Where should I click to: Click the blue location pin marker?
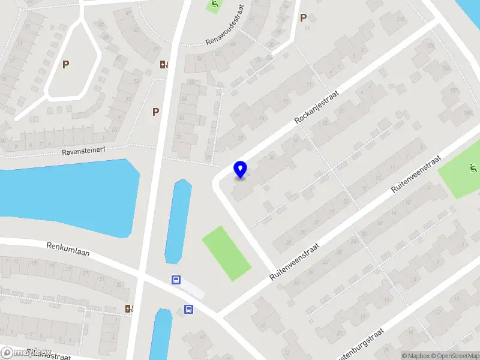click(x=241, y=169)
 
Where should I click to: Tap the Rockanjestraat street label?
click(x=317, y=107)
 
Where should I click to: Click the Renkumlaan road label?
click(x=68, y=249)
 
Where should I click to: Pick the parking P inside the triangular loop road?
click(x=65, y=64)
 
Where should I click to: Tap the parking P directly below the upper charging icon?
click(x=155, y=111)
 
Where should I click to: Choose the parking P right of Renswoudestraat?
click(x=303, y=18)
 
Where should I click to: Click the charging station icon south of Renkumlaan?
click(x=129, y=308)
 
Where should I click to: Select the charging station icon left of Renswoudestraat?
click(x=164, y=65)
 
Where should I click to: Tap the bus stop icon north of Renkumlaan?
click(x=176, y=280)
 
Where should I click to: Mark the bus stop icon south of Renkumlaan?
click(x=188, y=310)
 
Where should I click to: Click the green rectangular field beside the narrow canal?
click(x=226, y=253)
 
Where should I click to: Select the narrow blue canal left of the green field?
click(x=178, y=220)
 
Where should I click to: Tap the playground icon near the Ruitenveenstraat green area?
click(x=473, y=167)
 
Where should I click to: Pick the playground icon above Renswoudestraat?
click(x=214, y=6)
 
